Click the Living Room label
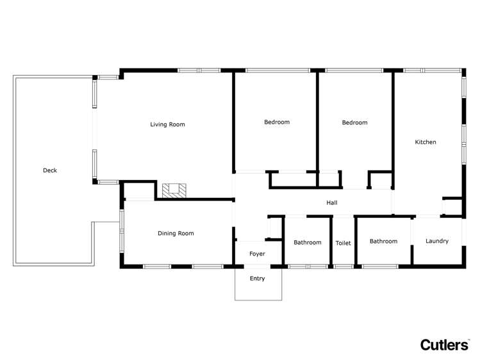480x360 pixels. coord(167,124)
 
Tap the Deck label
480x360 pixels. coord(50,170)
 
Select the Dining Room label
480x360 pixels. coord(176,234)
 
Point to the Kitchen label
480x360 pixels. coord(426,142)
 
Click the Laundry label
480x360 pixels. coord(437,241)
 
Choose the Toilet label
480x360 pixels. coord(343,243)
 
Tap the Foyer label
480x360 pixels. coord(257,254)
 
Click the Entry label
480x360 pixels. coord(257,279)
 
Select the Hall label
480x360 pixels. coord(332,203)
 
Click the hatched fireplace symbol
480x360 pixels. coord(174,190)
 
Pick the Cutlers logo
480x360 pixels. coord(444,345)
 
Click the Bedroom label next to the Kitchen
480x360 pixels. coord(354,122)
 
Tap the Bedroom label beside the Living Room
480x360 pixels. coord(277,122)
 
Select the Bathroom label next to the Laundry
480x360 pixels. coord(383,241)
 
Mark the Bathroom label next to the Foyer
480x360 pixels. coord(308,243)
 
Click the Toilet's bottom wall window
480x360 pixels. coord(343,266)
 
